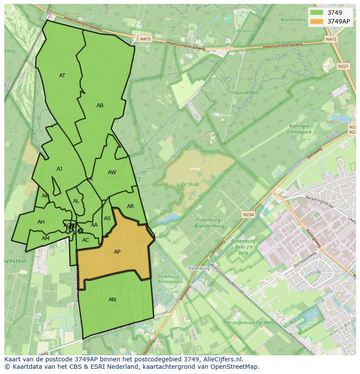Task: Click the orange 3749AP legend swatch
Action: (317, 21)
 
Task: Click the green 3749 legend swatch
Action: (317, 12)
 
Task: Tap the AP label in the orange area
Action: (117, 252)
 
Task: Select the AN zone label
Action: (112, 300)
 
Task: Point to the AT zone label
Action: (62, 76)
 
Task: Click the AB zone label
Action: (100, 106)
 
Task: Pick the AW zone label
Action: (112, 172)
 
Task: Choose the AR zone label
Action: (130, 206)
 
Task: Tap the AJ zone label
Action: (60, 169)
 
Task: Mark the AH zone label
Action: (41, 222)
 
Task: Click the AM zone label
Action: (46, 238)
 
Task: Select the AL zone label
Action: (76, 201)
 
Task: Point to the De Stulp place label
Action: (190, 184)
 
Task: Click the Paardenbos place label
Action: (246, 93)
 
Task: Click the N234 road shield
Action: (248, 215)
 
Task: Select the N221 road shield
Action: (343, 66)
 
